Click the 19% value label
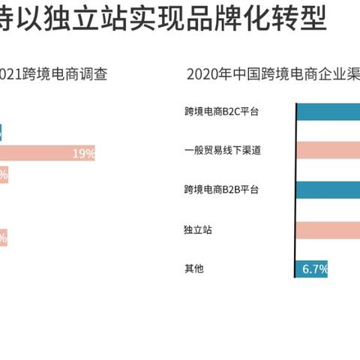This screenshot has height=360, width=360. pos(83,154)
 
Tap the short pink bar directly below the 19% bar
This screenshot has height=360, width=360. pos(4,175)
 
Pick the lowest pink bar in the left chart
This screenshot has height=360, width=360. pos(4,238)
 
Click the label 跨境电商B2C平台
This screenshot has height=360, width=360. pos(222,112)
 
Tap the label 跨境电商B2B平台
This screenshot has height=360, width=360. pos(222,190)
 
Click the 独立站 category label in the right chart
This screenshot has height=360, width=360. pos(197,229)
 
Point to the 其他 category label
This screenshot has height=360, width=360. pos(193,268)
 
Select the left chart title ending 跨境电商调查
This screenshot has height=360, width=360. pos(56,74)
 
